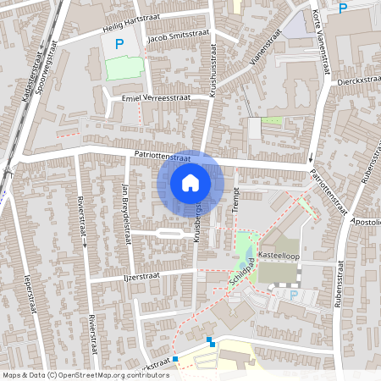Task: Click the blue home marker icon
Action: pyautogui.click(x=190, y=182)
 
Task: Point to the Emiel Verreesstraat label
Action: pyautogui.click(x=157, y=98)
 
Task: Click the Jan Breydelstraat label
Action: pyautogui.click(x=125, y=213)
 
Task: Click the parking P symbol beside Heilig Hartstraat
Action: pyautogui.click(x=119, y=43)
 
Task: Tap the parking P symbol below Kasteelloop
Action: pyautogui.click(x=294, y=295)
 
